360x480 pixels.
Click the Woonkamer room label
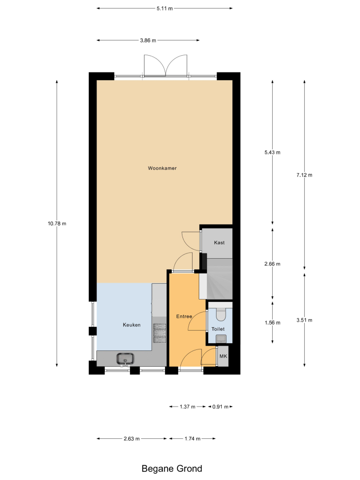tap(162, 168)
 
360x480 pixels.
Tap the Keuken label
tap(132, 325)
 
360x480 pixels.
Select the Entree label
tap(184, 316)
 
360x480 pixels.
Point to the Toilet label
tap(218, 329)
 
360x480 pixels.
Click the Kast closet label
tap(219, 242)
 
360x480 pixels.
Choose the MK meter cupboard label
tap(224, 356)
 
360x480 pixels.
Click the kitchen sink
tap(125, 359)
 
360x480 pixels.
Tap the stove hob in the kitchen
tap(159, 333)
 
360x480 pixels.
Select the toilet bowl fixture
tap(221, 313)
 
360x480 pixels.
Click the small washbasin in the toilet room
tap(221, 338)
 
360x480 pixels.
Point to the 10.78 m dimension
tap(57, 224)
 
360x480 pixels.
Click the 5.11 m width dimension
tap(165, 8)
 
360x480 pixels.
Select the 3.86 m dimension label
tap(148, 40)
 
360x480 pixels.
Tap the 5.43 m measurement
tap(273, 152)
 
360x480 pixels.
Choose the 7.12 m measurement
tap(304, 175)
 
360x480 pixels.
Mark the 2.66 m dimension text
tap(273, 264)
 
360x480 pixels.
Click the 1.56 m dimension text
tap(273, 323)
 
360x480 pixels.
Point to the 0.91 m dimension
tap(220, 407)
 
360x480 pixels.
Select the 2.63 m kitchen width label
tap(132, 439)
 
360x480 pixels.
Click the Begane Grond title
tap(172, 468)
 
